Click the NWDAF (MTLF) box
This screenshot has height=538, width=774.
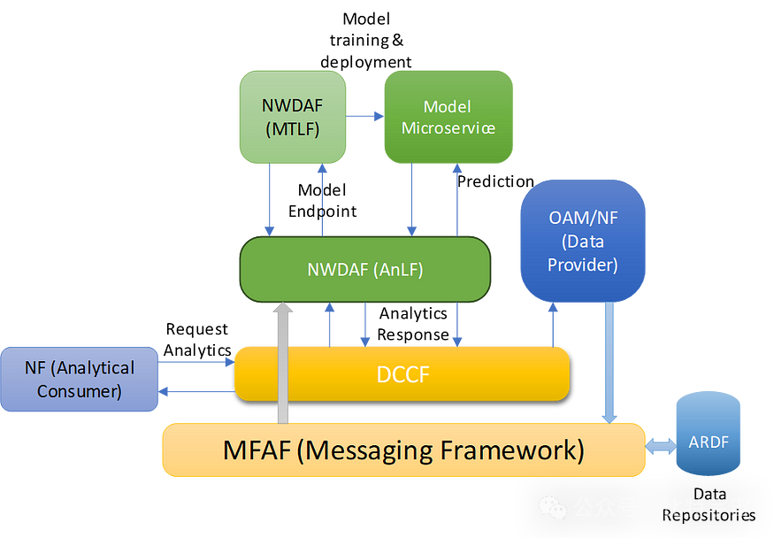tap(292, 118)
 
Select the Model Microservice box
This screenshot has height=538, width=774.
tap(448, 118)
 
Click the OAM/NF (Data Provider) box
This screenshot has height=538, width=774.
tap(583, 241)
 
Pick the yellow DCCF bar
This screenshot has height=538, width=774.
tap(402, 374)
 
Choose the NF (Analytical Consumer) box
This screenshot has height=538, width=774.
tap(80, 379)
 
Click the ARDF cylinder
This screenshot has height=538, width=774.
tap(709, 440)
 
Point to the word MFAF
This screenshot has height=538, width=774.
tap(257, 450)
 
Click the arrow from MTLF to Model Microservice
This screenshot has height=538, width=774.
tap(364, 116)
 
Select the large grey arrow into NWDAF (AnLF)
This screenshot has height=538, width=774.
tap(283, 363)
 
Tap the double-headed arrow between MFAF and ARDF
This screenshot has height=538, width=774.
tap(660, 448)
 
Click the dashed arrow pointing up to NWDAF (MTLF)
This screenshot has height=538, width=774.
tap(321, 201)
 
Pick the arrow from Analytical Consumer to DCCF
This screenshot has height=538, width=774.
tap(196, 362)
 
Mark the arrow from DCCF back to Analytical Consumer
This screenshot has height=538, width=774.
tap(196, 391)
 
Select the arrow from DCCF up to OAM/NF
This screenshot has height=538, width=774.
tap(553, 325)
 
